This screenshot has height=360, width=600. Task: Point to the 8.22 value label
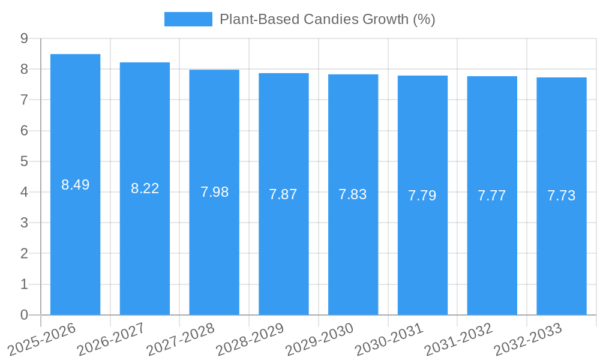(145, 188)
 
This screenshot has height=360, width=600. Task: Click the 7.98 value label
(214, 192)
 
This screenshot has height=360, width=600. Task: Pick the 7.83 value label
(353, 194)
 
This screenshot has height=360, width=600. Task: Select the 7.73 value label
(562, 196)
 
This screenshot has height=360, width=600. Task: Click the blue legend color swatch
(188, 19)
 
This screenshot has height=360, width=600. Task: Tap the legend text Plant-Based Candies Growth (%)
(327, 19)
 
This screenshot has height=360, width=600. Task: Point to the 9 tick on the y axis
(24, 38)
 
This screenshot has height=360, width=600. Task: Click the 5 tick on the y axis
(24, 161)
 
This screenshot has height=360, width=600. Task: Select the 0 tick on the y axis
(24, 315)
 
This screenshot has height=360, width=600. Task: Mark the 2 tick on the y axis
(24, 254)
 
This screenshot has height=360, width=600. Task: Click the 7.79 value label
(422, 196)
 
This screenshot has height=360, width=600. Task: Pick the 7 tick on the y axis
(24, 100)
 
